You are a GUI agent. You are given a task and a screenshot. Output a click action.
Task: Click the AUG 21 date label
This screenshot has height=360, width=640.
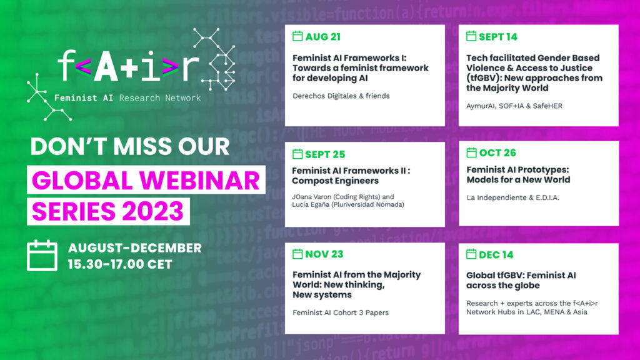coord(322,37)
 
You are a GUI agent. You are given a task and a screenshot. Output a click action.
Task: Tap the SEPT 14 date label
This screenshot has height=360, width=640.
coord(498,37)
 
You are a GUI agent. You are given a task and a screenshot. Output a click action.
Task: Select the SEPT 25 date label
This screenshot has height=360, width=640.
coord(325,154)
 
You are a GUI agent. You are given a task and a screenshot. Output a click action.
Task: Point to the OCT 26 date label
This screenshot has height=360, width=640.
coord(497,152)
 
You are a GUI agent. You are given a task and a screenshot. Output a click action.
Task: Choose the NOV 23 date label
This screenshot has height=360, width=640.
coord(324,254)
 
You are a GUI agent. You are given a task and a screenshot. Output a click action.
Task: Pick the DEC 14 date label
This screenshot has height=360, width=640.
coord(496,255)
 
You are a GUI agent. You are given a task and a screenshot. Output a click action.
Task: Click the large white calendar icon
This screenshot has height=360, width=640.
coord(42,256)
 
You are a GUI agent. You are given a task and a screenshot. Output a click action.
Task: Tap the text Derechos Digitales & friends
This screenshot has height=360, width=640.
coord(341,96)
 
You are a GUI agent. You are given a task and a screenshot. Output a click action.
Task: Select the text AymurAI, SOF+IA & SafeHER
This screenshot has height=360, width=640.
coord(514,106)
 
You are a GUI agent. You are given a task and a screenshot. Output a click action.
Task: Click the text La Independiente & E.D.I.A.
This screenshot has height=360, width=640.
coord(512,197)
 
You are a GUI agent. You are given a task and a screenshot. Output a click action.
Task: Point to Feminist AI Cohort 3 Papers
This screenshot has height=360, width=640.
coord(341,312)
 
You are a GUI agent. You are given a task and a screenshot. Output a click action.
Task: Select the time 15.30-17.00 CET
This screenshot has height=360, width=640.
coord(120,264)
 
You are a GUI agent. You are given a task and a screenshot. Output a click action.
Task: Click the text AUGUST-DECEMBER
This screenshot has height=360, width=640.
coord(135,247)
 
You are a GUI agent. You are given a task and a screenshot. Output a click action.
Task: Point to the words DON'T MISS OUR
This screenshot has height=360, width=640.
coord(130,146)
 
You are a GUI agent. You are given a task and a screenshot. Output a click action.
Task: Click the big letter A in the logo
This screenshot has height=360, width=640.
coord(106,66)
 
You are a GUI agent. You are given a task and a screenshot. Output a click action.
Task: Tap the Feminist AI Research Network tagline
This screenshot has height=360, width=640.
coord(127,98)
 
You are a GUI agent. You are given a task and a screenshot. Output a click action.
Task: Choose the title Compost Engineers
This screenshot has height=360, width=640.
coord(335,181)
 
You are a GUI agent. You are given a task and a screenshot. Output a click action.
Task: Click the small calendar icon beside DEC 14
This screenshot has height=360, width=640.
coord(471,254)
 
